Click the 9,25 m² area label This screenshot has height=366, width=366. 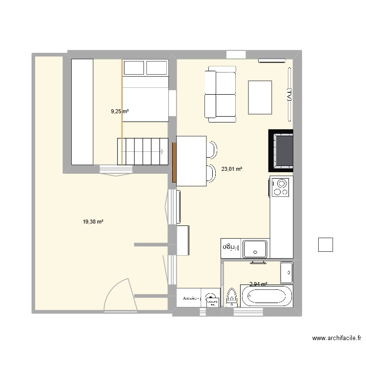(120, 111)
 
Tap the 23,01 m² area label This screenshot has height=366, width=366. (232, 169)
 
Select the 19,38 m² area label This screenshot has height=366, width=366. (93, 222)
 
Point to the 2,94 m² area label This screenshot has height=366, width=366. (258, 284)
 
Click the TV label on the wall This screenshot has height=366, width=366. (289, 94)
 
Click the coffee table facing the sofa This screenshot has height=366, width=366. (260, 97)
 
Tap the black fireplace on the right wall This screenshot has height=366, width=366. (281, 151)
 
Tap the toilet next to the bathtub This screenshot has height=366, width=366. (231, 297)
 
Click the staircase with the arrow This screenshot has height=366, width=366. (142, 151)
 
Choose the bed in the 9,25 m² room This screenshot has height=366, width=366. (145, 91)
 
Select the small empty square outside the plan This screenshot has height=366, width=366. (325, 244)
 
